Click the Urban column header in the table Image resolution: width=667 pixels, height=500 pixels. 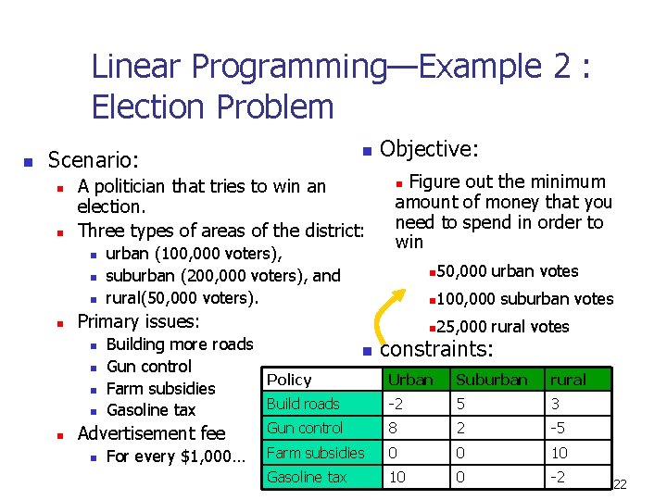pos(410,380)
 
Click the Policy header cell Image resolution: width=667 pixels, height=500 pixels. pos(289,380)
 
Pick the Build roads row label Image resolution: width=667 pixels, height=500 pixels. pos(303,404)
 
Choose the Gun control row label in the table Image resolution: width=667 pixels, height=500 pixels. pos(305,428)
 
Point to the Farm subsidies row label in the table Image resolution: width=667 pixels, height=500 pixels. pos(315,453)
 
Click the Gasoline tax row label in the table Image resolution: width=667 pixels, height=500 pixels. pos(307,477)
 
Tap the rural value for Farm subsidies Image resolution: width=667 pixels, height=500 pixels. pos(560,453)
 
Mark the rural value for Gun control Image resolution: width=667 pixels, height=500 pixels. pos(559,428)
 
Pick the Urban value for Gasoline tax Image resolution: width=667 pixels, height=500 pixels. pos(396,477)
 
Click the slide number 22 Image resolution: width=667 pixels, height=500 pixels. pos(620,484)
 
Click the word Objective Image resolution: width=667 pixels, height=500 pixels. pos(429,149)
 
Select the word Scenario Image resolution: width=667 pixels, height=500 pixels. pos(93,160)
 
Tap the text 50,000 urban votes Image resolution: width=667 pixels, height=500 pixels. pos(507,271)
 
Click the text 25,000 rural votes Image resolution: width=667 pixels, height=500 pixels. pos(502,326)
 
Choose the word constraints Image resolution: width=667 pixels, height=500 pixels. pos(435,349)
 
